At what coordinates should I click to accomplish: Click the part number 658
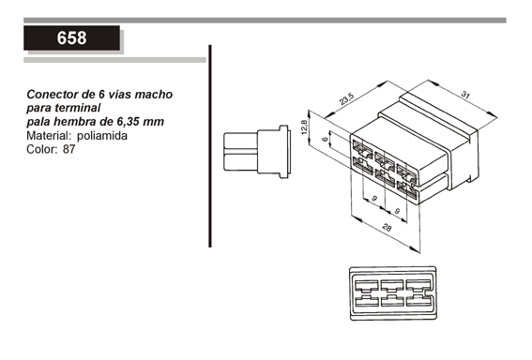(x=71, y=37)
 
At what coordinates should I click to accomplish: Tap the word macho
(x=154, y=95)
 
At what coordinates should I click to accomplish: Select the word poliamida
(x=102, y=136)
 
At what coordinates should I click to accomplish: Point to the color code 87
(x=68, y=149)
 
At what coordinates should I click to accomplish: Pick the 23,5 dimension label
(x=346, y=98)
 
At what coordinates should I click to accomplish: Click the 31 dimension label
(x=465, y=95)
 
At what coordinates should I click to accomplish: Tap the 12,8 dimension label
(x=304, y=127)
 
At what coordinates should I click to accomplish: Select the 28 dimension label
(x=387, y=227)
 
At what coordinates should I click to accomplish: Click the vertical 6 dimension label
(x=325, y=139)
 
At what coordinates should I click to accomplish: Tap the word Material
(x=49, y=136)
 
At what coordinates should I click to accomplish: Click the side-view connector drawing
(x=257, y=152)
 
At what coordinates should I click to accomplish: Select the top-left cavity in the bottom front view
(x=366, y=286)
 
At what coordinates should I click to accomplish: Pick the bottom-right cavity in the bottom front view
(x=419, y=300)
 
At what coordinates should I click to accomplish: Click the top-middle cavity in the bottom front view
(x=392, y=286)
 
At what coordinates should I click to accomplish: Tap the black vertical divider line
(x=210, y=146)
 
